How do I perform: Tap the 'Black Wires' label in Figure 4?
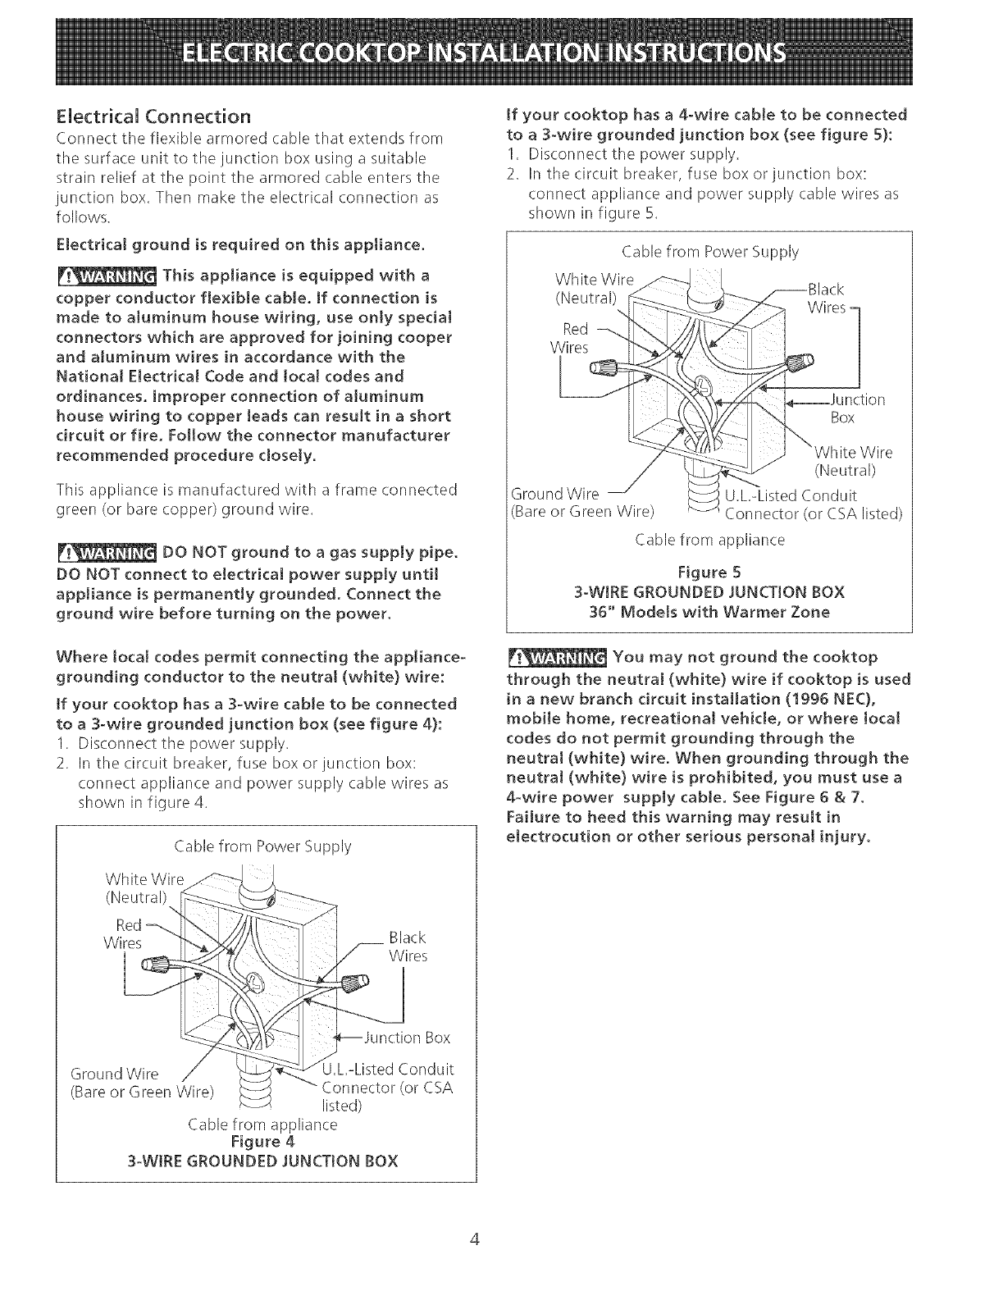tap(408, 947)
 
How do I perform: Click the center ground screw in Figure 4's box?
tap(257, 983)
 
